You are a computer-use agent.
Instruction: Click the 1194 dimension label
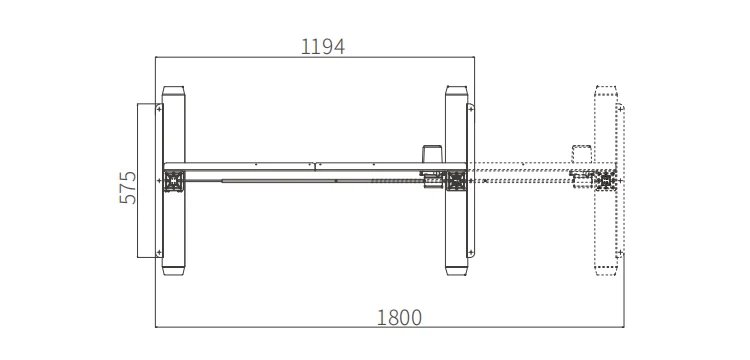(322, 47)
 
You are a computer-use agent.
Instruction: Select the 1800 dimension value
(399, 317)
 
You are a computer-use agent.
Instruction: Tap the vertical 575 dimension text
(128, 187)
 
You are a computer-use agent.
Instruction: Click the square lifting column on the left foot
(174, 181)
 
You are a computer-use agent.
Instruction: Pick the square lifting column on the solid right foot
(456, 181)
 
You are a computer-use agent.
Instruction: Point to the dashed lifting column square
(606, 181)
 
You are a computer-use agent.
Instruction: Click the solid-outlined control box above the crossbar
(433, 154)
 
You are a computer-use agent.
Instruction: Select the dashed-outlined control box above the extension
(582, 154)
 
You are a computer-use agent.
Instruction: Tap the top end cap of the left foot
(173, 91)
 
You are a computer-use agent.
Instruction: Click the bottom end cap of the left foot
(173, 271)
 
